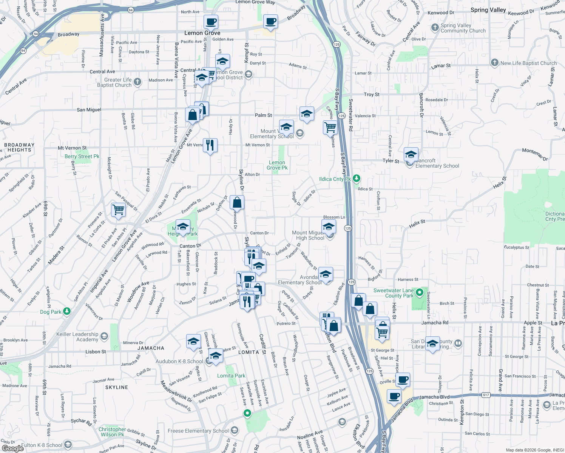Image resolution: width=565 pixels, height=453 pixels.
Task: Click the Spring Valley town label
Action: point(488,10)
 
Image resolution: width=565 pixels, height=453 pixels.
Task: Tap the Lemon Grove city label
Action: point(202,33)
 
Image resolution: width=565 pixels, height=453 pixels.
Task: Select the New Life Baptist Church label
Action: point(528,63)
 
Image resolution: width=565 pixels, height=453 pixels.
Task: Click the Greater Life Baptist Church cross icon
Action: point(137,82)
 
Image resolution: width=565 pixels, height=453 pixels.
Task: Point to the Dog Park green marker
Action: point(67,311)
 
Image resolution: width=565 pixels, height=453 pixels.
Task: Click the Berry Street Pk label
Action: point(82,156)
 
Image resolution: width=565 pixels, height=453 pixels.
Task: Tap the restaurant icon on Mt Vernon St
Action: point(210,145)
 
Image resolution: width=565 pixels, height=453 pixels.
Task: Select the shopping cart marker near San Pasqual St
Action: point(118,209)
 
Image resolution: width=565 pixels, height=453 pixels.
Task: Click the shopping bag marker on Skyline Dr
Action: point(237,202)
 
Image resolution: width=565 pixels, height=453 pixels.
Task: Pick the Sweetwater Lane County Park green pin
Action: point(419,293)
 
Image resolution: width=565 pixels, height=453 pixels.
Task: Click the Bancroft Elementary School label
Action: point(437,163)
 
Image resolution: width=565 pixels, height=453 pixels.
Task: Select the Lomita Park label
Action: point(231,376)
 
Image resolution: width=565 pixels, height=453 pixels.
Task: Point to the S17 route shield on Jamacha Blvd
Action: point(486,395)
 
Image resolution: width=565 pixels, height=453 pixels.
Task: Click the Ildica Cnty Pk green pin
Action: point(357,179)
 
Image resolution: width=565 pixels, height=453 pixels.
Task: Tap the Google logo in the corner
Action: point(12,448)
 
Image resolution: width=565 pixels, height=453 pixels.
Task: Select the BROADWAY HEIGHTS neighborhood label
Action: point(19,147)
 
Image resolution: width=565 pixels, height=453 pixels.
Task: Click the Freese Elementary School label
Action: point(198,431)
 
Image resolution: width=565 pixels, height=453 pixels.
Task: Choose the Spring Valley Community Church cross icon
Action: point(434,28)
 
